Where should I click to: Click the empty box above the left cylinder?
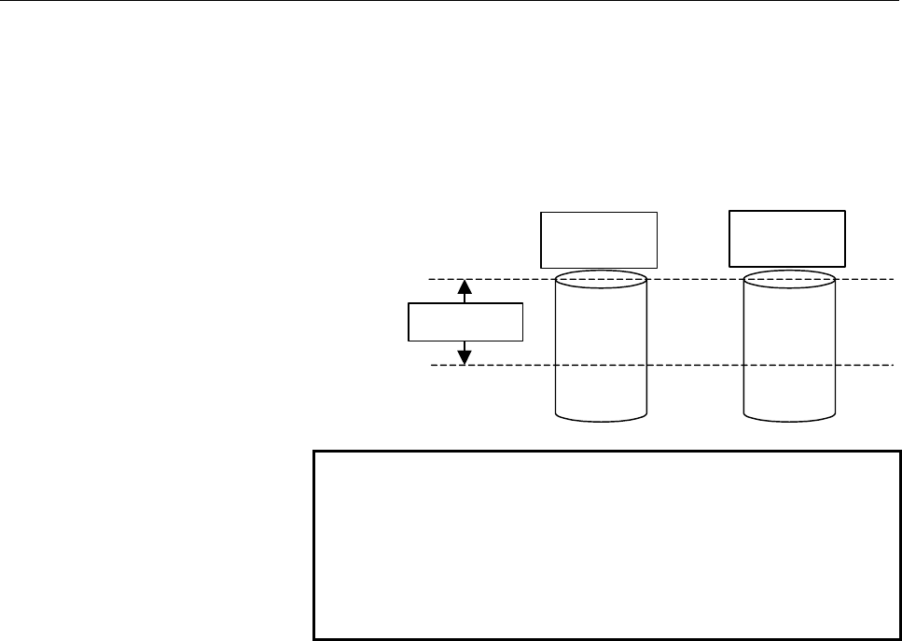point(599,240)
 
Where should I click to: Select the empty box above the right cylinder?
point(787,239)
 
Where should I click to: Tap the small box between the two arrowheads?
point(465,323)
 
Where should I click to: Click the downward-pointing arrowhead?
point(465,355)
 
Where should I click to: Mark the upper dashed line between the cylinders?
point(695,279)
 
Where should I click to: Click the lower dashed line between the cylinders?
point(695,365)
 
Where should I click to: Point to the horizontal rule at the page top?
point(451,2)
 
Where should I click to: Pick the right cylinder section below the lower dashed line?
point(790,390)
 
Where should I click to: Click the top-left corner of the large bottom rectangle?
point(314,453)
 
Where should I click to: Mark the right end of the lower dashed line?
point(892,365)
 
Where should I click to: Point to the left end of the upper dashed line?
point(430,279)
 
